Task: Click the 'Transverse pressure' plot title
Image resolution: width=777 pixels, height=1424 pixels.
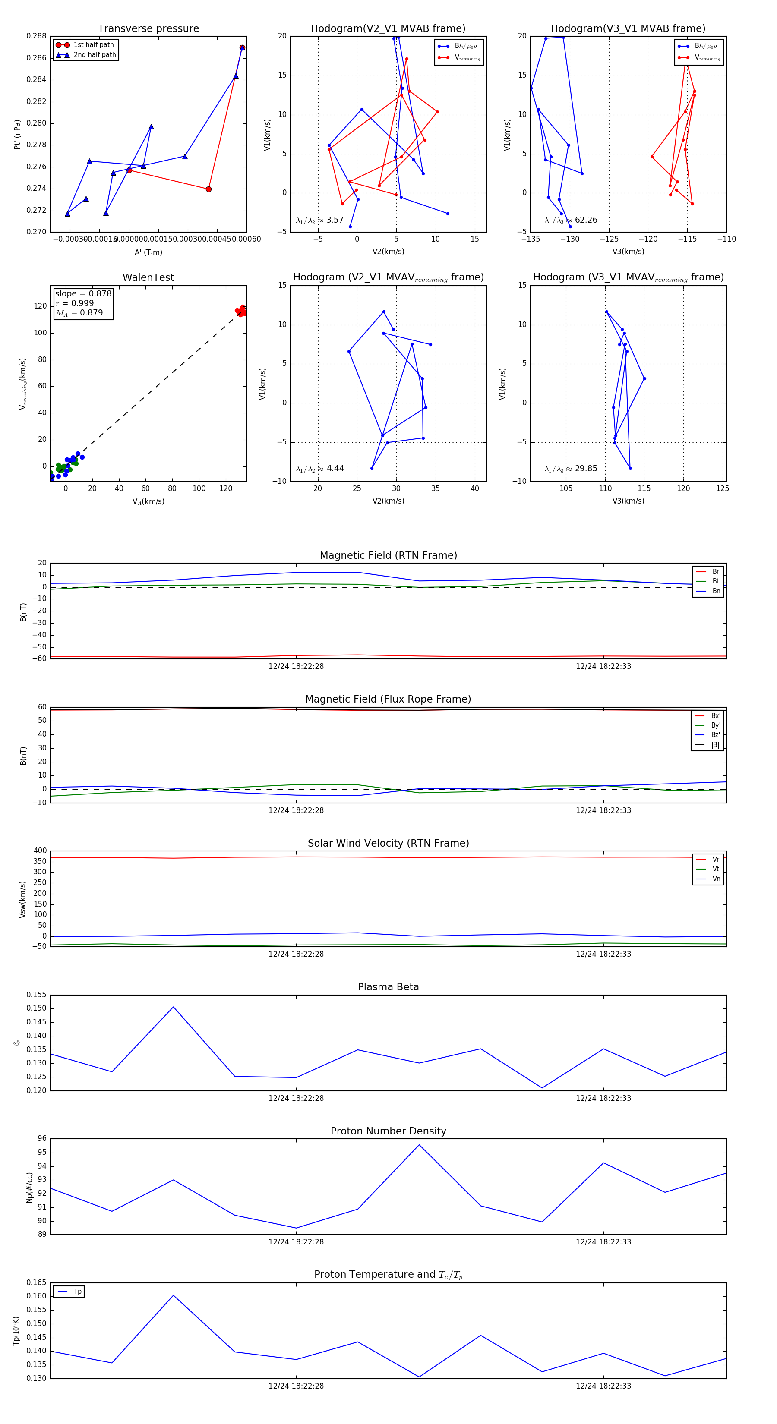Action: click(x=148, y=29)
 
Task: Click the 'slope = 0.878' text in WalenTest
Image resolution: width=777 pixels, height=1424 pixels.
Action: click(x=83, y=293)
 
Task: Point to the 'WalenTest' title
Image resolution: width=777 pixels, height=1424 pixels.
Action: click(x=148, y=277)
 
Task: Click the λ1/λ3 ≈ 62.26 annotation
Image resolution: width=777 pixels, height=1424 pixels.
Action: click(x=571, y=220)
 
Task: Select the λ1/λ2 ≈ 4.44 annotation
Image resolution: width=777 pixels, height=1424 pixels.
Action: click(x=319, y=469)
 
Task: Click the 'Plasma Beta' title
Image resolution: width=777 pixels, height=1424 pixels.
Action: click(x=388, y=987)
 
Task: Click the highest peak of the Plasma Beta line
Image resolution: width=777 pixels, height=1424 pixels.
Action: click(x=173, y=1007)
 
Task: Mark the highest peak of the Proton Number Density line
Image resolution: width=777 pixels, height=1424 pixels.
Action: click(x=419, y=1145)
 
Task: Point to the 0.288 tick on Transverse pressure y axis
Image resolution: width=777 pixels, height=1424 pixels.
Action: click(x=37, y=36)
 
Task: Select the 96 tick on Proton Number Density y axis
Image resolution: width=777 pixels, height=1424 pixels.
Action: click(x=42, y=1139)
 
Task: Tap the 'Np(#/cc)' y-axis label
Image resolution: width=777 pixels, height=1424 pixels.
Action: click(x=29, y=1188)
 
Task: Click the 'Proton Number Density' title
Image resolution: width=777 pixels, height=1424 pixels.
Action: click(x=388, y=1131)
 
